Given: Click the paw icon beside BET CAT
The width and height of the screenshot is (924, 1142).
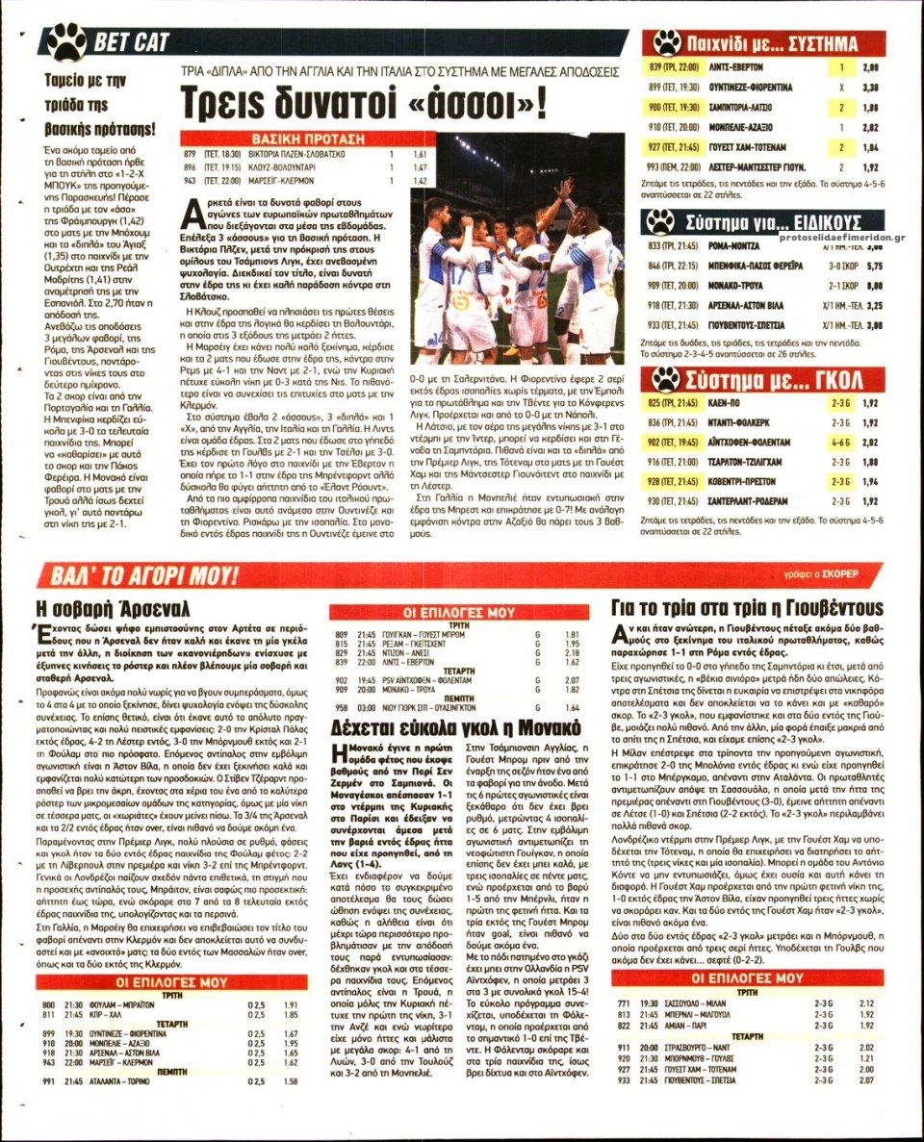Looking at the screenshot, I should tap(66, 41).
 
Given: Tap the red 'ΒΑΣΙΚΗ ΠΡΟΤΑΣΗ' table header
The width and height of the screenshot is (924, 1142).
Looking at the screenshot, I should tap(289, 138).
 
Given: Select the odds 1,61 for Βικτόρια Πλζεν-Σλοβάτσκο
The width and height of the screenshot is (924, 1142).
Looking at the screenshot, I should tap(419, 154).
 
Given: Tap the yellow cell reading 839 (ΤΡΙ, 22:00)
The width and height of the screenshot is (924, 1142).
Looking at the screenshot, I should tap(673, 67).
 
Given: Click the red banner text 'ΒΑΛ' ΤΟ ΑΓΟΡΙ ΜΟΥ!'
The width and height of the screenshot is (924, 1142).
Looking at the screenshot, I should tap(140, 575).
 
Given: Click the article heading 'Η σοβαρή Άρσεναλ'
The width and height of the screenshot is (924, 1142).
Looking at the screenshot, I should tap(113, 609).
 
